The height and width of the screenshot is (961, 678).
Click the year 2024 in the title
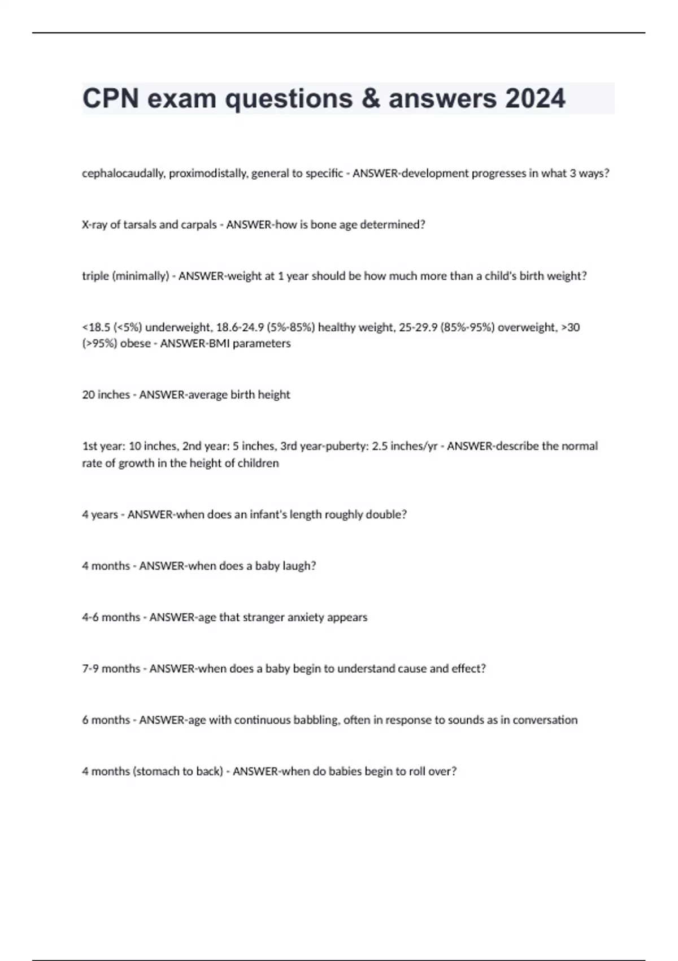tap(535, 98)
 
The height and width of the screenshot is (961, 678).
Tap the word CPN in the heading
tap(111, 98)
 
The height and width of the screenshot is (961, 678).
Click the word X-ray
tap(94, 224)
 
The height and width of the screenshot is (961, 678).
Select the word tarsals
tap(139, 224)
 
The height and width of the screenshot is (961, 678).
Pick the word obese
tap(135, 343)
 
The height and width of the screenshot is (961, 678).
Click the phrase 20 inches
tap(106, 395)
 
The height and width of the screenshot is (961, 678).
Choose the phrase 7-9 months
tap(111, 668)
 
